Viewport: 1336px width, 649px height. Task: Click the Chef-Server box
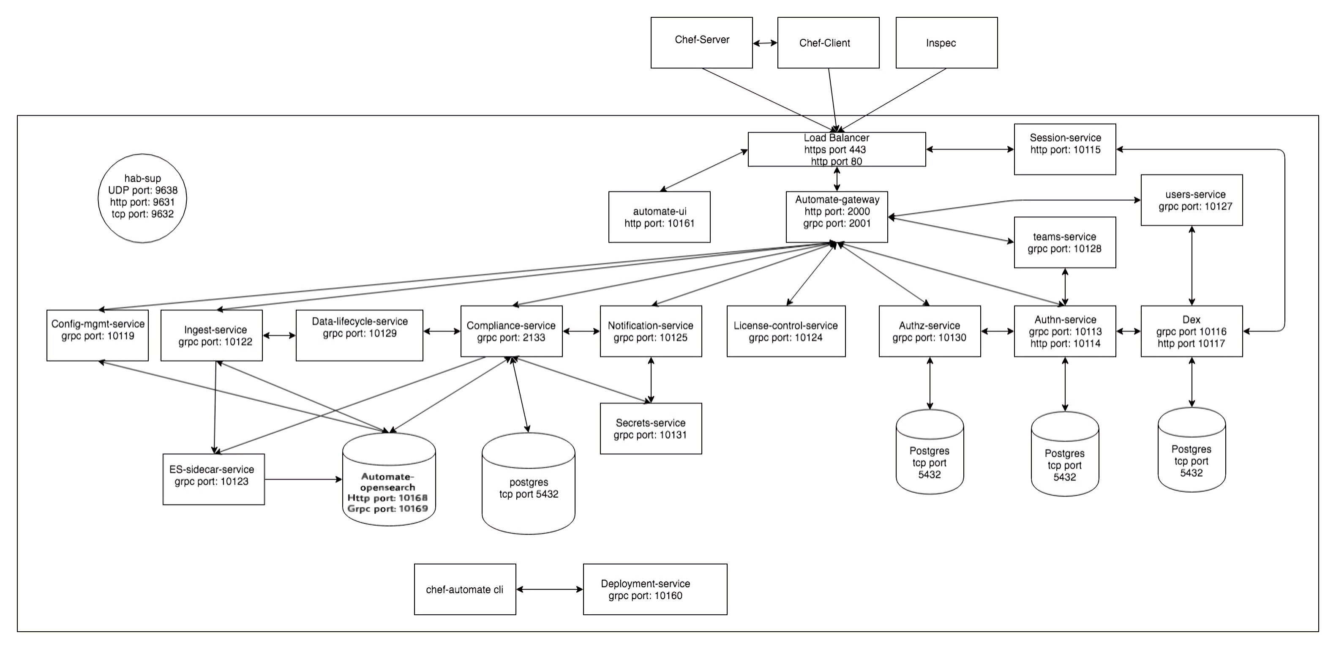[701, 43]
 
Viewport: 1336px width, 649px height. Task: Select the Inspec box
[946, 43]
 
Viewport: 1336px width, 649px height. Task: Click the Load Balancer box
[836, 150]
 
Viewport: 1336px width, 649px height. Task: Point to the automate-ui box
[659, 217]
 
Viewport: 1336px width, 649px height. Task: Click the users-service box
[1191, 200]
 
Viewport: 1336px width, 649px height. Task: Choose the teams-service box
[1064, 242]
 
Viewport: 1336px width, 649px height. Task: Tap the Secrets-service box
[650, 428]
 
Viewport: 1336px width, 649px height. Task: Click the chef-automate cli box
[465, 589]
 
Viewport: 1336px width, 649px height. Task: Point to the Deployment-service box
[654, 589]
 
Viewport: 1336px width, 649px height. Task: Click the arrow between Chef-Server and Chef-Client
[765, 43]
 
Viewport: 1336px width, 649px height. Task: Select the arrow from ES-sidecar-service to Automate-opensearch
[303, 480]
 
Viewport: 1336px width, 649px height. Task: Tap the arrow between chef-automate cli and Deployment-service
[549, 589]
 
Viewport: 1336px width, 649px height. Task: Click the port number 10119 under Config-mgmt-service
[120, 336]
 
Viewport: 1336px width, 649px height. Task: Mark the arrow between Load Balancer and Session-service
[969, 150]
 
